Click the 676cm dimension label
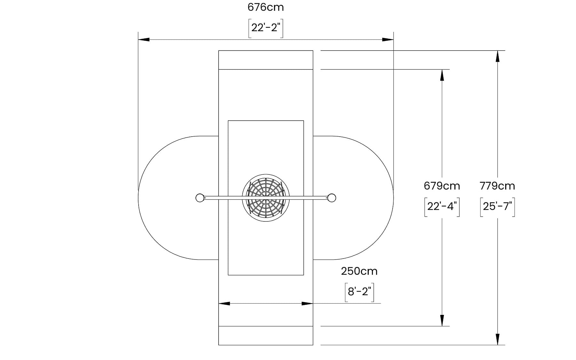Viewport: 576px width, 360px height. point(266,7)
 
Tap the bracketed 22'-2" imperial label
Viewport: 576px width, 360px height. point(266,28)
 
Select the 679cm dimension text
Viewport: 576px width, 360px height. point(442,186)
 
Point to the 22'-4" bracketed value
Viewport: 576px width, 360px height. point(442,207)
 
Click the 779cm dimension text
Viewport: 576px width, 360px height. point(497,186)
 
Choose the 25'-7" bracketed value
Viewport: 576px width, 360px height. point(497,207)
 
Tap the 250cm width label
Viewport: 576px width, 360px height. point(359,271)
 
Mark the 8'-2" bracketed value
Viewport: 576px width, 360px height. point(359,292)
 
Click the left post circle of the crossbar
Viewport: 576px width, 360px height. point(200,198)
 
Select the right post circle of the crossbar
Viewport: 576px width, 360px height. point(332,198)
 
